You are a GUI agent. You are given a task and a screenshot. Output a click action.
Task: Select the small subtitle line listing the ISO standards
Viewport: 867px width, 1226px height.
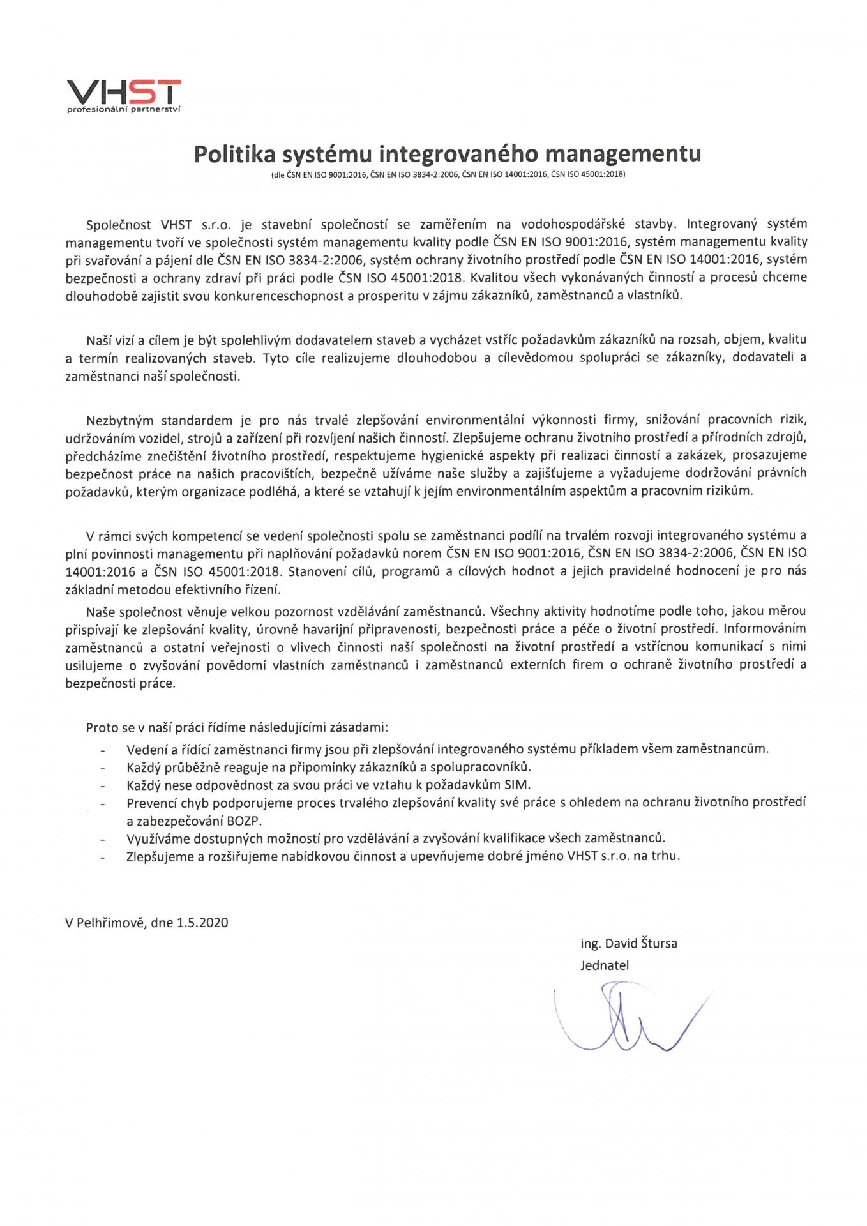pyautogui.click(x=448, y=174)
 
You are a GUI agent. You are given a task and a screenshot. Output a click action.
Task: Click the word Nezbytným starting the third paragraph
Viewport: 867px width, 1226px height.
pyautogui.click(x=120, y=420)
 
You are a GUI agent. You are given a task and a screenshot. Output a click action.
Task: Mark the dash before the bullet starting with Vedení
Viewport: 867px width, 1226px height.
pyautogui.click(x=102, y=750)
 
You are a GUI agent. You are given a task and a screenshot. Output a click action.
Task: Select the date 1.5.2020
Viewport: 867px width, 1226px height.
pyautogui.click(x=202, y=923)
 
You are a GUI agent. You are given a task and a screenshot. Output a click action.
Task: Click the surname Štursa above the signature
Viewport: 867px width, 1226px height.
pyautogui.click(x=656, y=943)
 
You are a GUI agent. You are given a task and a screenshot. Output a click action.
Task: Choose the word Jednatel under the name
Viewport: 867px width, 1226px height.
pyautogui.click(x=605, y=965)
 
